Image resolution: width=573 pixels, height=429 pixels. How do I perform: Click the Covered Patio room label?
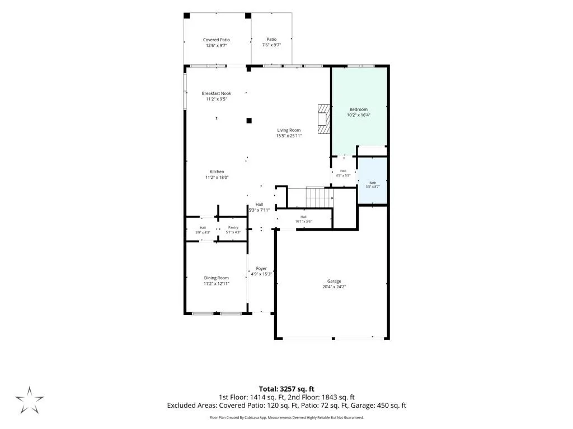217,40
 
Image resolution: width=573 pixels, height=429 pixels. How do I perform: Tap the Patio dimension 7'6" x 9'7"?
271,45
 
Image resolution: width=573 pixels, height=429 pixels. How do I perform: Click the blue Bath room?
372,182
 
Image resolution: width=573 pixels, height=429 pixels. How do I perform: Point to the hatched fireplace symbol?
324,120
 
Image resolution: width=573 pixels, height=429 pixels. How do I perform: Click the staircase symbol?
320,197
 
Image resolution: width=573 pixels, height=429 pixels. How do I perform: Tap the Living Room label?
289,130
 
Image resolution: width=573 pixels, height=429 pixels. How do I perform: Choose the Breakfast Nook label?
217,93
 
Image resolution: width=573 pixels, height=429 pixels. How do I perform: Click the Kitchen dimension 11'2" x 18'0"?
217,177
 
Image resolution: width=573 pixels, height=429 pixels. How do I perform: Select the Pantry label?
233,228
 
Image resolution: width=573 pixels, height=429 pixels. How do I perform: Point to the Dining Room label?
217,278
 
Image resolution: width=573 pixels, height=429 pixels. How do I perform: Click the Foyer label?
261,269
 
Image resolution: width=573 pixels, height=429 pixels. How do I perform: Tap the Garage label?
334,282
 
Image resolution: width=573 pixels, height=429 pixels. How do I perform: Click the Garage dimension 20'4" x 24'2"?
334,287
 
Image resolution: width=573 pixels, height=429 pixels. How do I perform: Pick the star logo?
29,400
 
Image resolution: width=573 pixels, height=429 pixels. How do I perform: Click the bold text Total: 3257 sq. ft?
286,389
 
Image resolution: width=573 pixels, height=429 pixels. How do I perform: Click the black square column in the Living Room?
249,121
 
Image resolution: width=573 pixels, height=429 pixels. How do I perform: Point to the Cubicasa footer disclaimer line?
286,417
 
